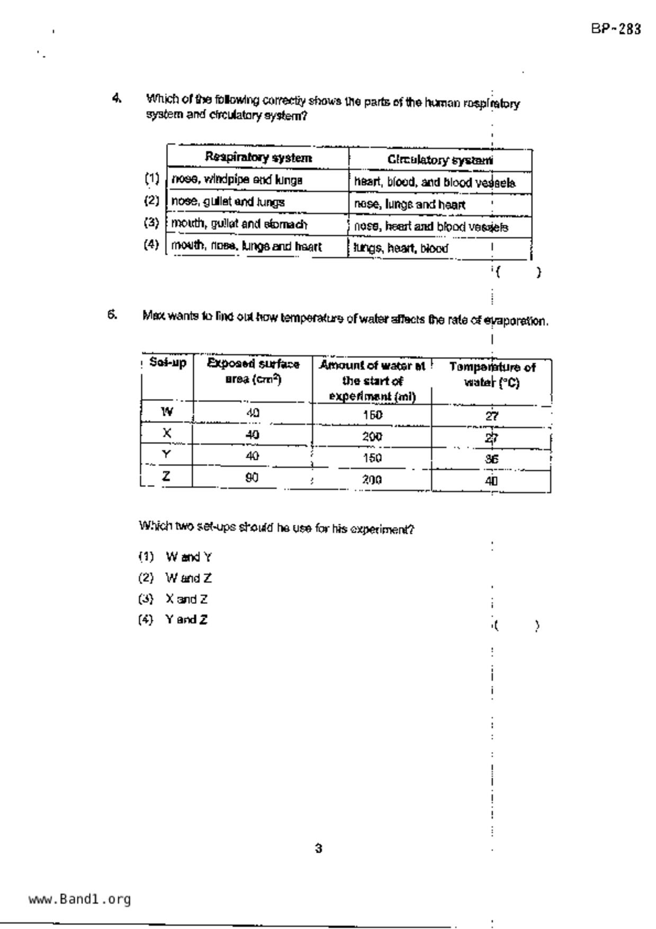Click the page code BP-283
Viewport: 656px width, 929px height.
(x=616, y=29)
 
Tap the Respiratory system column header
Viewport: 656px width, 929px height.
(x=258, y=157)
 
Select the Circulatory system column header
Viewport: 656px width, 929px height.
(x=440, y=159)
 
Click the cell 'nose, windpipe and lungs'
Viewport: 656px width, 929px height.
(x=237, y=180)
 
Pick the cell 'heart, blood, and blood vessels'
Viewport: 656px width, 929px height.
(x=435, y=183)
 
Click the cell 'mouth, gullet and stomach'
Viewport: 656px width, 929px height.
(x=239, y=224)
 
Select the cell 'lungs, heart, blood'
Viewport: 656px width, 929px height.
(x=401, y=248)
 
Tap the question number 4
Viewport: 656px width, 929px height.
(x=116, y=97)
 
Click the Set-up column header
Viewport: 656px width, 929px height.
(x=168, y=363)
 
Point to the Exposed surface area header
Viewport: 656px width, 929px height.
(x=253, y=371)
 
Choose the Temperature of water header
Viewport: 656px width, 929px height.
(x=492, y=374)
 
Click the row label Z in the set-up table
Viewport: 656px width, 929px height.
(x=166, y=476)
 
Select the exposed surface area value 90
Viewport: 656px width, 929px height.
(x=252, y=477)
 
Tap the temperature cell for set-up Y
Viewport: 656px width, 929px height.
(x=491, y=459)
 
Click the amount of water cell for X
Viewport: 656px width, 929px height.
(x=372, y=437)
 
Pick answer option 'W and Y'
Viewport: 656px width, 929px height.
(x=188, y=557)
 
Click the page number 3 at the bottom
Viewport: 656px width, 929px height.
(x=318, y=848)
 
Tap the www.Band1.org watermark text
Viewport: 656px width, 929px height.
(x=80, y=899)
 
